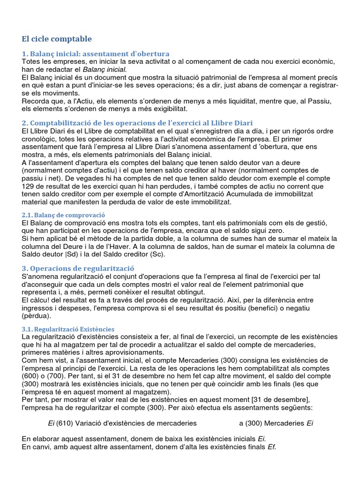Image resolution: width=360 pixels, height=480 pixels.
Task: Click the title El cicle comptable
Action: (57, 38)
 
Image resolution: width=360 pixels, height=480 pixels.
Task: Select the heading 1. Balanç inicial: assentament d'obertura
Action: (96, 53)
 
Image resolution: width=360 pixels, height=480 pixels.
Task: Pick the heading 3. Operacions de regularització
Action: (78, 268)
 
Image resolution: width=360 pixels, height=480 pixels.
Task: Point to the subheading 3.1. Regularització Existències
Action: (68, 329)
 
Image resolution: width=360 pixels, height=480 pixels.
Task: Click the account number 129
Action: (29, 186)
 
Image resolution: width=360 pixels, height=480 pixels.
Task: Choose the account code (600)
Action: (32, 375)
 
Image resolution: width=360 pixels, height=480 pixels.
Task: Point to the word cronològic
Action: (41, 140)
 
